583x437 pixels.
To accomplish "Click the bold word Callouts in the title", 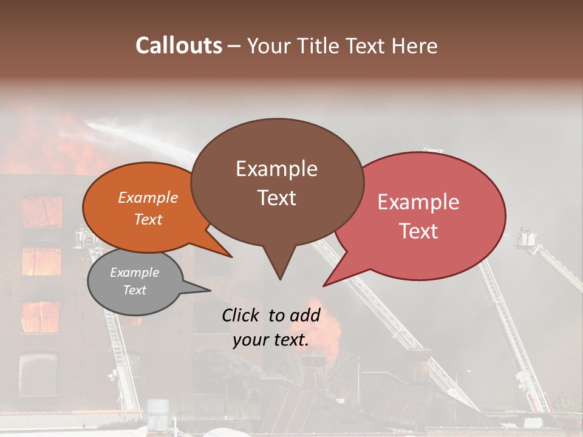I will (179, 46).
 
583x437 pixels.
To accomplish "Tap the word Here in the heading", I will (416, 46).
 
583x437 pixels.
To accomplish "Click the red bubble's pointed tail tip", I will (324, 285).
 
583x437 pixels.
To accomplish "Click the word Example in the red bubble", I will (418, 202).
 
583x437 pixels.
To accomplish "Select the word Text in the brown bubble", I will (277, 198).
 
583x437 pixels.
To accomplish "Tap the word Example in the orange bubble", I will (148, 197).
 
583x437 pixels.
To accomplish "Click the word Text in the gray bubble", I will (135, 290).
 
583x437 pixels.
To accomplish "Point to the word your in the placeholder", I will (251, 340).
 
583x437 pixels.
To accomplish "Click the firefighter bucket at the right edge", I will (526, 237).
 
